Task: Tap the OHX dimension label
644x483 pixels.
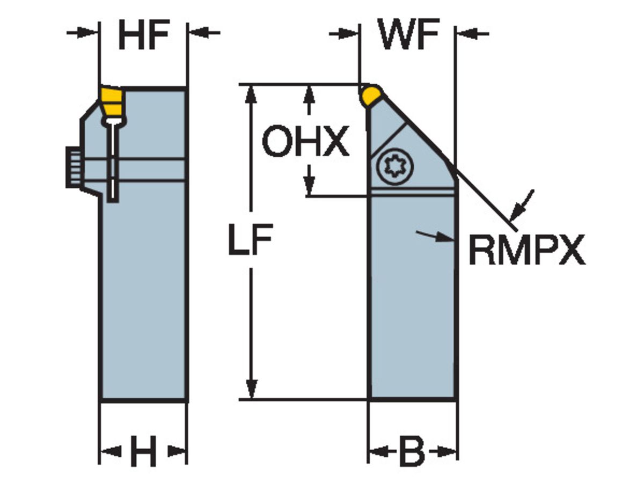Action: click(305, 142)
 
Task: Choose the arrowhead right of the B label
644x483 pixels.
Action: click(445, 451)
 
